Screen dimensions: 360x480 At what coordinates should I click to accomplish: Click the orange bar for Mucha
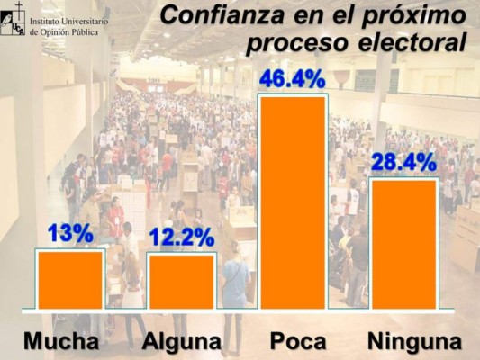70,280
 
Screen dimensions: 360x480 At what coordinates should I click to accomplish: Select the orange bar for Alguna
181,282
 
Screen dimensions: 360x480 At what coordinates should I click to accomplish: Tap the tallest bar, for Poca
293,202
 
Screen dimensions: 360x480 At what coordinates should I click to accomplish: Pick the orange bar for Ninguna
403,243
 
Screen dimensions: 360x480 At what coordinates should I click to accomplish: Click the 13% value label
70,233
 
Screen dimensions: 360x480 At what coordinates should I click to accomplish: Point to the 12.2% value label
181,238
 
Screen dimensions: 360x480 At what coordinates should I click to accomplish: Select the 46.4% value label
292,79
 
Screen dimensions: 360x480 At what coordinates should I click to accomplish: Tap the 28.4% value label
403,163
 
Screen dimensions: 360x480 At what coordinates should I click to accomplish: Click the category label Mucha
61,341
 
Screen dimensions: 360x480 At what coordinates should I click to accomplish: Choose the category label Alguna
181,341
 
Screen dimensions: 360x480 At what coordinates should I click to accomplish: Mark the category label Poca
298,341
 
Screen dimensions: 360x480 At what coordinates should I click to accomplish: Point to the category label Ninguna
414,341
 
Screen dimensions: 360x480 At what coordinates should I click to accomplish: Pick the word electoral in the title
412,42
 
